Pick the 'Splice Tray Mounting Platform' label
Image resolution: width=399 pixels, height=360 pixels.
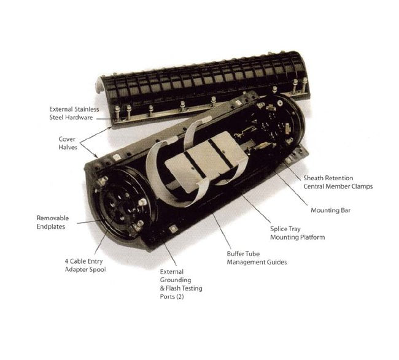tap(297, 233)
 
